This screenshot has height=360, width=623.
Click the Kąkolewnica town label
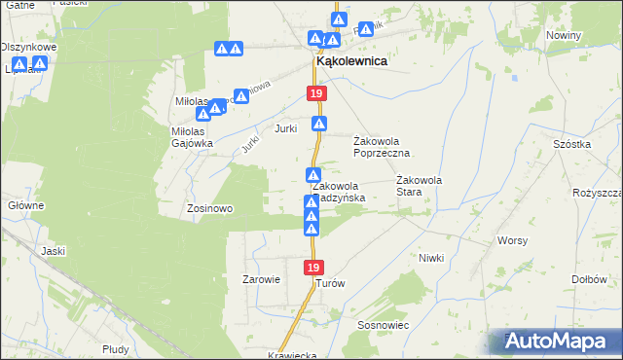pyautogui.click(x=350, y=60)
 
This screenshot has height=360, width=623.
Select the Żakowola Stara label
pyautogui.click(x=421, y=186)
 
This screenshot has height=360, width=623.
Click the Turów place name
pyautogui.click(x=331, y=283)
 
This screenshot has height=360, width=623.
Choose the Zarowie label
pyautogui.click(x=261, y=279)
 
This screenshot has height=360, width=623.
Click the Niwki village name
pyautogui.click(x=431, y=258)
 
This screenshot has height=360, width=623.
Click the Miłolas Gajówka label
pyautogui.click(x=184, y=137)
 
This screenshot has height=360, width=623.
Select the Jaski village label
pyautogui.click(x=53, y=250)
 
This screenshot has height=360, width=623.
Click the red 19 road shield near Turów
pyautogui.click(x=312, y=267)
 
